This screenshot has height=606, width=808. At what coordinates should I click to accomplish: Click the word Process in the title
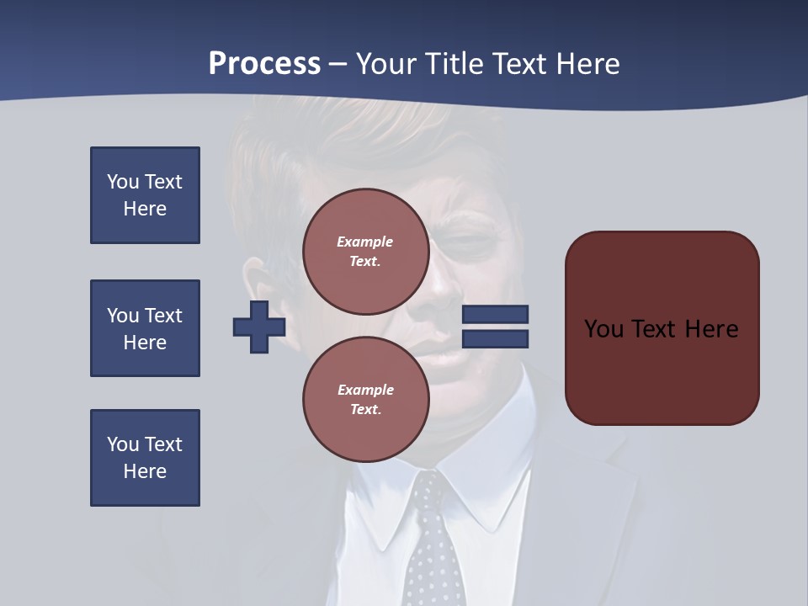(264, 64)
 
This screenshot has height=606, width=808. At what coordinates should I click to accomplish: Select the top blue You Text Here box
(145, 195)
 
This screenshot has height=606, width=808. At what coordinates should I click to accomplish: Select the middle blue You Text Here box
(145, 328)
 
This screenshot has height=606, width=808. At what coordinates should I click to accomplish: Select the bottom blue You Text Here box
(145, 458)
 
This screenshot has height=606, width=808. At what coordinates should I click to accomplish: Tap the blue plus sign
(259, 327)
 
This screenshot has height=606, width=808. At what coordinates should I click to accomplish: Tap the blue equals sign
(495, 327)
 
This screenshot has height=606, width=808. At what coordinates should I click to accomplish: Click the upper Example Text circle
(365, 251)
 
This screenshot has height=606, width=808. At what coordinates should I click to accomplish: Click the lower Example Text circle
(365, 399)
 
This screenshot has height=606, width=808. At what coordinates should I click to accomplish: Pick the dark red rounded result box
(662, 328)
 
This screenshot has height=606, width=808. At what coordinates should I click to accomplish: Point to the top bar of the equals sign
(495, 315)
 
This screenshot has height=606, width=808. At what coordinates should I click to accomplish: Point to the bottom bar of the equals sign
(495, 338)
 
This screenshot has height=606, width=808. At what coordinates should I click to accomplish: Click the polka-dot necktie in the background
(433, 539)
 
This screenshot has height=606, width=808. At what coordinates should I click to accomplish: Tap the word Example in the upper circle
(365, 242)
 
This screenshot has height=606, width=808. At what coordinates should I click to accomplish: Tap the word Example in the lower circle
(365, 390)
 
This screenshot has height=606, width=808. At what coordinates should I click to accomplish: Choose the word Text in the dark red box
(661, 328)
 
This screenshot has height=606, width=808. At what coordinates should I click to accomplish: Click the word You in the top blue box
(122, 182)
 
